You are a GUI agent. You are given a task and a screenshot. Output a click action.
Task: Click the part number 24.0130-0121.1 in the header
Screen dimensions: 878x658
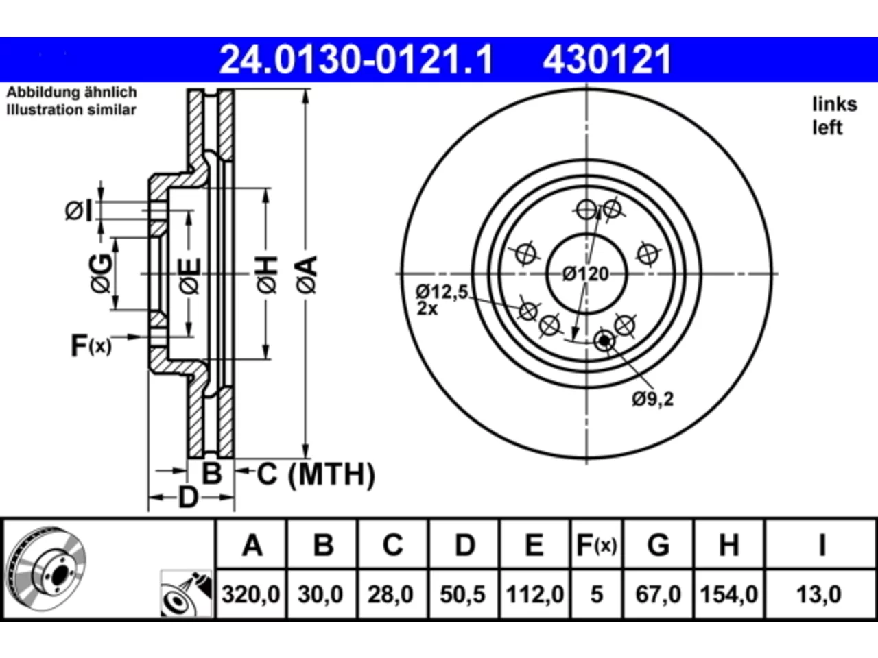tap(356, 60)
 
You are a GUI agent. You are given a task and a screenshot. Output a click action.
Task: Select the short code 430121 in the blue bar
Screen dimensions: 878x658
tap(607, 60)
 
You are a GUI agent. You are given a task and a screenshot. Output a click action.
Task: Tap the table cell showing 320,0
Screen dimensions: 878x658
tap(251, 594)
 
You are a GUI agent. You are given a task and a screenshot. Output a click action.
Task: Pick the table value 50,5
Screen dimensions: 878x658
tap(463, 594)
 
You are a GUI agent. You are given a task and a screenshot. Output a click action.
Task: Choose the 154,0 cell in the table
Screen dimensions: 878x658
tap(728, 594)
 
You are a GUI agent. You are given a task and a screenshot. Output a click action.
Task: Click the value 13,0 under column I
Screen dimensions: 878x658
tap(819, 594)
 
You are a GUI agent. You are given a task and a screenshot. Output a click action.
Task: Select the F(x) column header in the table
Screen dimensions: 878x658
tap(596, 545)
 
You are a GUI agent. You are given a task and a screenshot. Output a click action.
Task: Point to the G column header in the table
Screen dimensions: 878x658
tap(658, 545)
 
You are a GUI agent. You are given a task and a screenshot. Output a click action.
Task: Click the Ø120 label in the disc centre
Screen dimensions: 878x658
tap(586, 274)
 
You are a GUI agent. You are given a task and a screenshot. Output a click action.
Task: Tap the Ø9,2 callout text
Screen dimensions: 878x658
tap(653, 399)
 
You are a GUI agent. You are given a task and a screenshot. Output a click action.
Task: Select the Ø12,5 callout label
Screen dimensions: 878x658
tap(442, 292)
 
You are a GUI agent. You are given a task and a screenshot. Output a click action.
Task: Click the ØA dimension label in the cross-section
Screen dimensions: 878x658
tap(307, 275)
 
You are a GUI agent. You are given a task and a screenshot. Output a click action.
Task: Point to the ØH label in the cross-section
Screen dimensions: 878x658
tap(268, 275)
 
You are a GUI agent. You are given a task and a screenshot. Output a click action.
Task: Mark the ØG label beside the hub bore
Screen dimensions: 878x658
tap(101, 273)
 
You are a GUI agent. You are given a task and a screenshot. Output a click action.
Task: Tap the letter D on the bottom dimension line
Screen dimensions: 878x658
tap(188, 498)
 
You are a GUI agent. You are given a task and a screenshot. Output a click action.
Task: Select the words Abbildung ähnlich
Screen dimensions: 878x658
tap(71, 93)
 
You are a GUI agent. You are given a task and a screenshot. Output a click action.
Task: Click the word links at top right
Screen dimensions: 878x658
tap(835, 105)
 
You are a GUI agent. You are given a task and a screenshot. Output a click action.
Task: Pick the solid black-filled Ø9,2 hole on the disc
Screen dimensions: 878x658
tap(604, 341)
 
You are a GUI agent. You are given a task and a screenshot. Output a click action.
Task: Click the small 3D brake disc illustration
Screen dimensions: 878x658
tap(47, 569)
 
